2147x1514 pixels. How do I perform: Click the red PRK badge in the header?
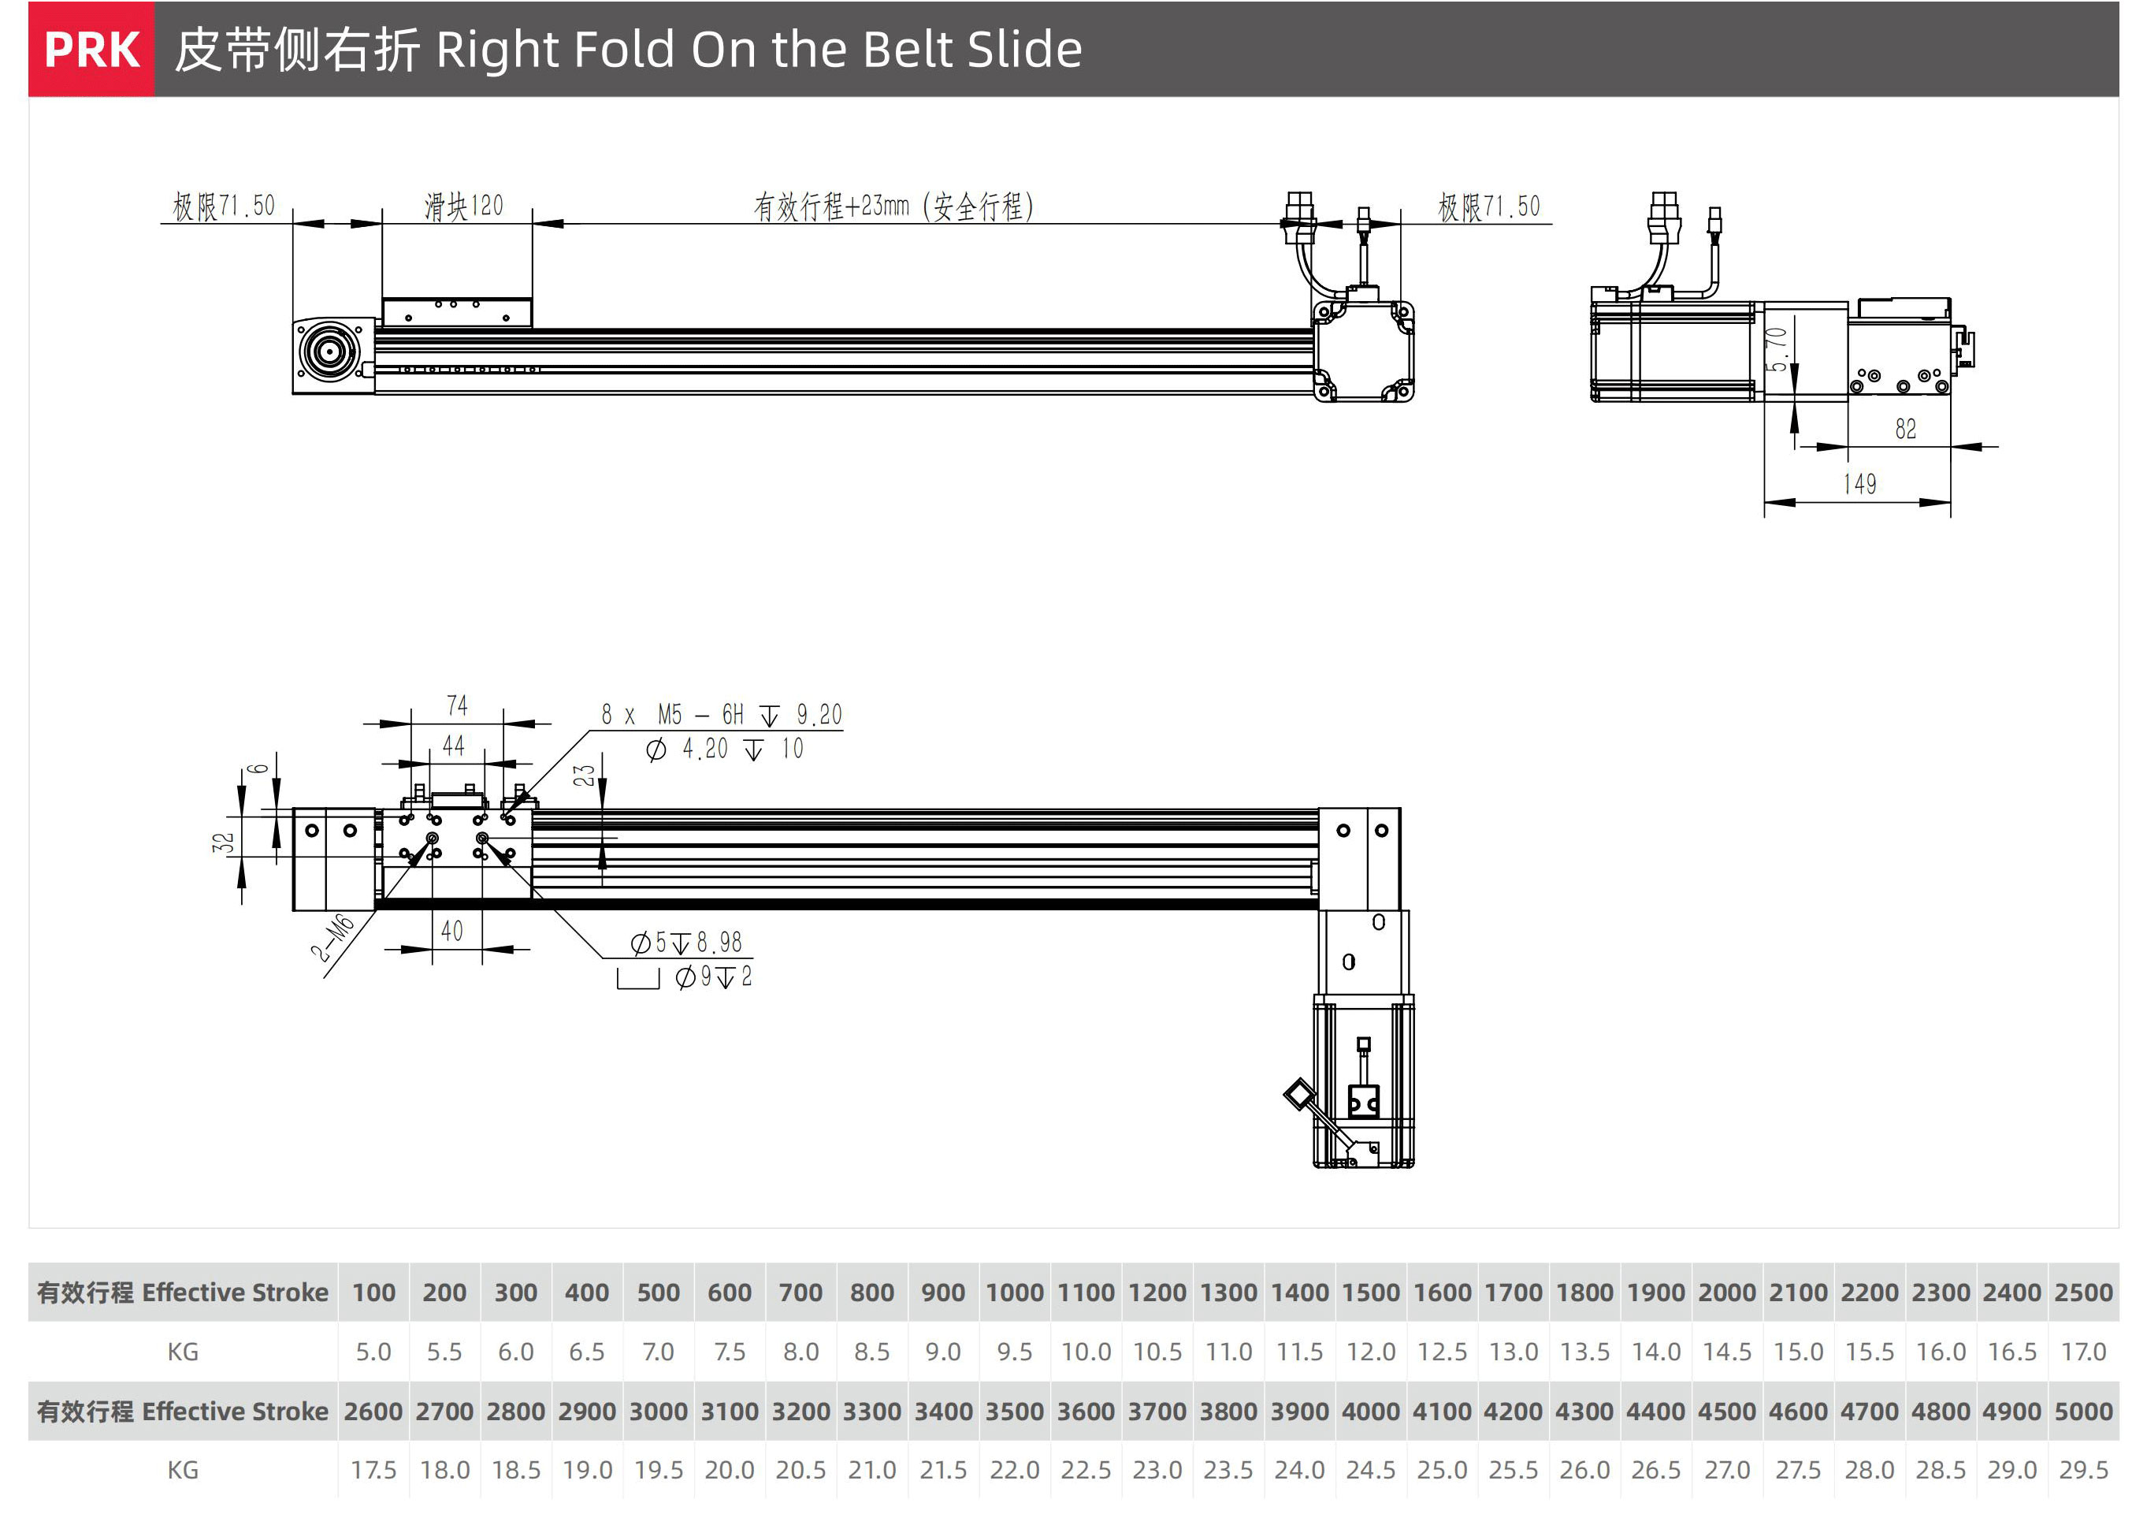coord(91,50)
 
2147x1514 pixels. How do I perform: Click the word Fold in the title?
coord(624,50)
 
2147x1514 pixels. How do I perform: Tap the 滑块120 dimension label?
coord(464,206)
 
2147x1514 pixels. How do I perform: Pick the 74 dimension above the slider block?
coord(456,705)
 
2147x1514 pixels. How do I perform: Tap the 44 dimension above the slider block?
coord(454,746)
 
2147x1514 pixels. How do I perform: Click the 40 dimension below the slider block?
coord(452,931)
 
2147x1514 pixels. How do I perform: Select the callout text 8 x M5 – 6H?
coord(672,716)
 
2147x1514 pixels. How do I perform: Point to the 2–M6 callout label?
coord(333,938)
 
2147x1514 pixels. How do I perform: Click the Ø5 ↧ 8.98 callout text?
coord(686,942)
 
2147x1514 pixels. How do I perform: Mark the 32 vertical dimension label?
coord(222,843)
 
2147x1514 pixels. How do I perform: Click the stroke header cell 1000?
coord(1015,1293)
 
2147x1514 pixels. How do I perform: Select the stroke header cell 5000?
coord(2083,1410)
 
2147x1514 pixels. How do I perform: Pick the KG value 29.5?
coord(2083,1470)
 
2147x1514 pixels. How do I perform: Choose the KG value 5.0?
coord(373,1352)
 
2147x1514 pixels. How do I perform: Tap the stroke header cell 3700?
coord(1157,1410)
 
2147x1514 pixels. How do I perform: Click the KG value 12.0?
coord(1371,1352)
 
